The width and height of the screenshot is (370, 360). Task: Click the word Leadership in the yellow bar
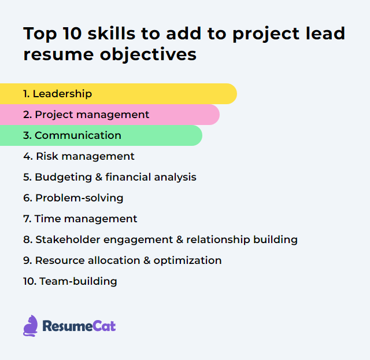[62, 94]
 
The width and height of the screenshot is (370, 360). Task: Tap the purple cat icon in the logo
[31, 326]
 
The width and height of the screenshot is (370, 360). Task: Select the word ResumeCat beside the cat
[79, 326]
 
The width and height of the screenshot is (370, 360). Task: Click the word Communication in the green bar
[78, 135]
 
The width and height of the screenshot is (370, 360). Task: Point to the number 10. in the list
[29, 281]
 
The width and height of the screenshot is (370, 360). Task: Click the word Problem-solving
[79, 198]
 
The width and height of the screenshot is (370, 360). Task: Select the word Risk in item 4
[47, 156]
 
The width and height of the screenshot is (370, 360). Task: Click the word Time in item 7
[46, 219]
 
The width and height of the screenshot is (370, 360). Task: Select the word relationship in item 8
[221, 240]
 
